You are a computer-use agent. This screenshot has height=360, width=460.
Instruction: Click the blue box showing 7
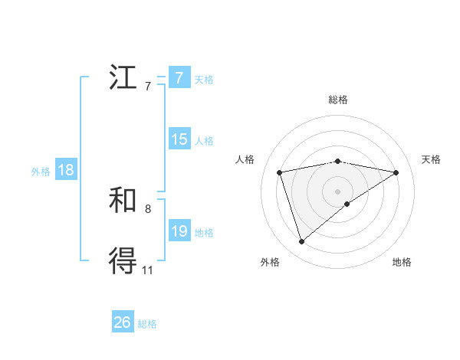click(179, 78)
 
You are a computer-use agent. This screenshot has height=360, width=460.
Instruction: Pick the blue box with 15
click(179, 139)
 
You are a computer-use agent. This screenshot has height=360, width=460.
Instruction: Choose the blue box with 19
click(179, 231)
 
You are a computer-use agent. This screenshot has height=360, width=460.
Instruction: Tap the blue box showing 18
click(66, 171)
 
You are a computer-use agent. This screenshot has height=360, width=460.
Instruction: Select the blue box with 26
click(122, 322)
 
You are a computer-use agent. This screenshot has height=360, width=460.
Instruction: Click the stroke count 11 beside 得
click(147, 270)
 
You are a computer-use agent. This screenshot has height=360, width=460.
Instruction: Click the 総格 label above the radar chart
click(338, 100)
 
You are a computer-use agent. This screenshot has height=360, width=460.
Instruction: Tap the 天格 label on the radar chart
click(431, 159)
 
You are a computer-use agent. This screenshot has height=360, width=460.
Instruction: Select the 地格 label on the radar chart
click(402, 262)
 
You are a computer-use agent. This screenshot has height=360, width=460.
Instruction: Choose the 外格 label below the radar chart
click(270, 262)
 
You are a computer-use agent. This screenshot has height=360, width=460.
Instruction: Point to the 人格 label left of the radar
click(245, 159)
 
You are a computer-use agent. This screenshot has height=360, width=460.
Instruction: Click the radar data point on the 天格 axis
click(396, 172)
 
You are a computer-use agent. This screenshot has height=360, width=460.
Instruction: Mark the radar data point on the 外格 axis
click(302, 242)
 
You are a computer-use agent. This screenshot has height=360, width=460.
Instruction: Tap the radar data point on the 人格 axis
click(280, 172)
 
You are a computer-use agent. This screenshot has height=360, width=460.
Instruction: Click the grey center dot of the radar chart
click(338, 191)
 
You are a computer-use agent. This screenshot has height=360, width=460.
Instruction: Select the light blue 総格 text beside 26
click(147, 324)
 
